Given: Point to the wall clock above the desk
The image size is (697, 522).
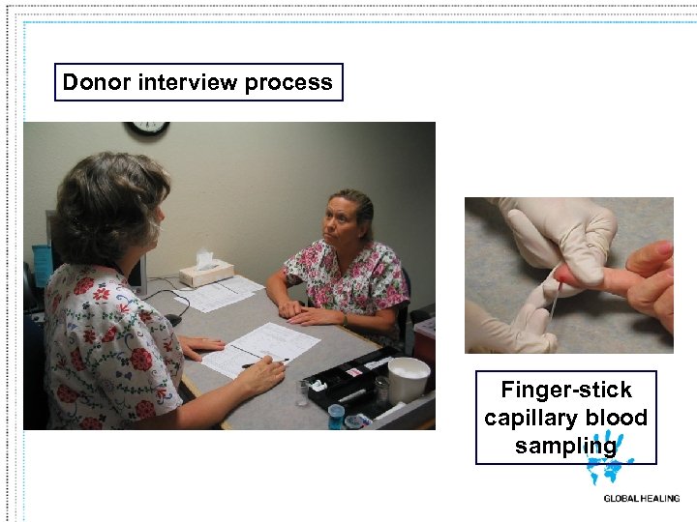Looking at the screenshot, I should tap(147, 129).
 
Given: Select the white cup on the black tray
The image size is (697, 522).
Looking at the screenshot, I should tap(407, 378).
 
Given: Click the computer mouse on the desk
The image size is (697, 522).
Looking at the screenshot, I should tap(173, 319).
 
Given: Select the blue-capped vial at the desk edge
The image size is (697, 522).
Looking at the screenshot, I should tap(335, 414).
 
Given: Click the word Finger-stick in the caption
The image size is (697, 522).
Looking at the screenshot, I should tap(565, 391).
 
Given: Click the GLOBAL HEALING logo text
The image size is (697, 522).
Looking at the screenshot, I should tap(641, 499).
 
